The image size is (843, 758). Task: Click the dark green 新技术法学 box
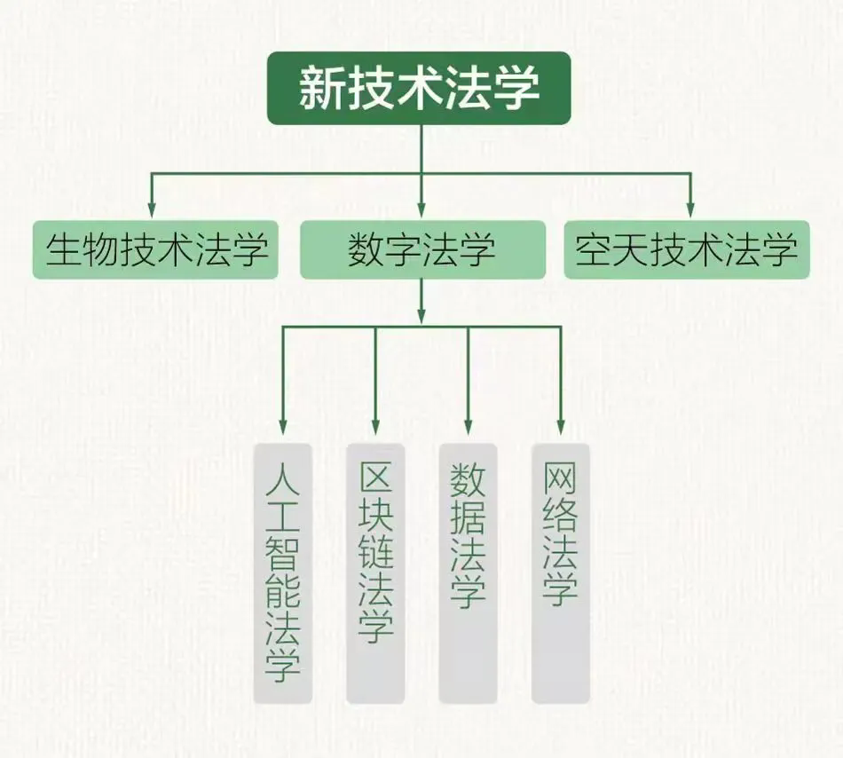pyautogui.click(x=419, y=88)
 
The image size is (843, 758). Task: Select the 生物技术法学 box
pyautogui.click(x=155, y=249)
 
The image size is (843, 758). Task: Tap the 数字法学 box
pyautogui.click(x=422, y=249)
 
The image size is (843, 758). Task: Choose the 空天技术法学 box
pyautogui.click(x=687, y=249)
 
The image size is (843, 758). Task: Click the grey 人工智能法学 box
pyautogui.click(x=283, y=573)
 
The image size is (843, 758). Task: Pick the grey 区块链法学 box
pyautogui.click(x=375, y=573)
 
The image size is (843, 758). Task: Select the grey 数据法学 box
pyautogui.click(x=468, y=573)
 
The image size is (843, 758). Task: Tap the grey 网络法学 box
pyautogui.click(x=561, y=573)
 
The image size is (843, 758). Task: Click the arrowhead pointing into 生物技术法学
pyautogui.click(x=152, y=210)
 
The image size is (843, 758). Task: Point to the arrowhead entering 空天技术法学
pyautogui.click(x=691, y=210)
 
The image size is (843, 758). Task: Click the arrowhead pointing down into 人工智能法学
pyautogui.click(x=283, y=427)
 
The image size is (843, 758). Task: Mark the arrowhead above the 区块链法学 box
pyautogui.click(x=375, y=427)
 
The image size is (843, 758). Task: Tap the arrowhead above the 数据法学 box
pyautogui.click(x=468, y=427)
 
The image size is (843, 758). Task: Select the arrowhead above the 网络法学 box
pyautogui.click(x=561, y=427)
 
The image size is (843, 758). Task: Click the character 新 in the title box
pyautogui.click(x=322, y=88)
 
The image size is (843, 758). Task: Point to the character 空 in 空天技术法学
pyautogui.click(x=594, y=250)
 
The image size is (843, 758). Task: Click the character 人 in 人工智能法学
pyautogui.click(x=283, y=479)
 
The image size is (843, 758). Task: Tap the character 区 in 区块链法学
pyautogui.click(x=376, y=479)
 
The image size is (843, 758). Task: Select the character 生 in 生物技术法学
pyautogui.click(x=63, y=250)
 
